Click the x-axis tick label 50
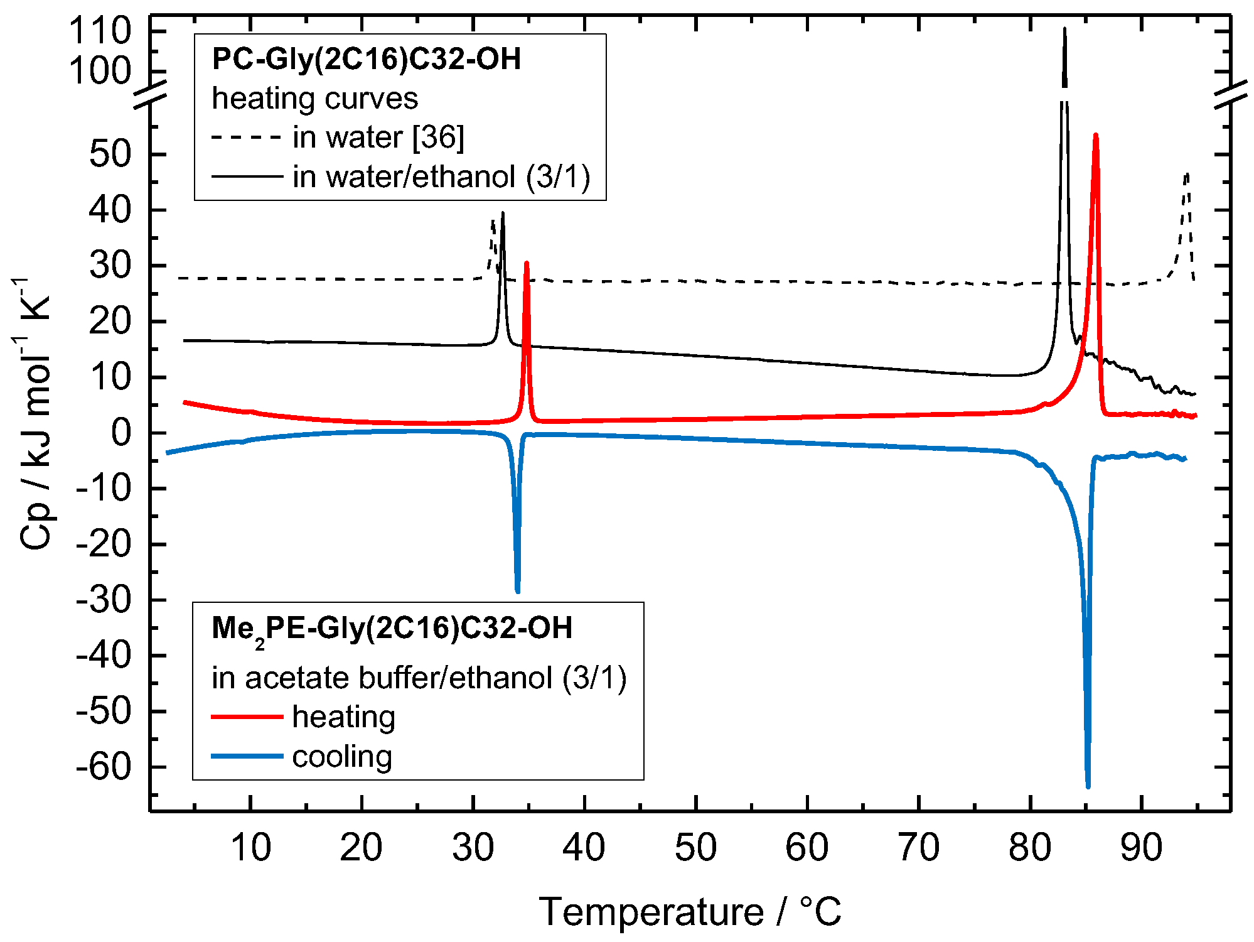695,847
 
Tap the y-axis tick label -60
104,767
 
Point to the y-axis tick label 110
100,31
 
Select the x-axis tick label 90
1141,847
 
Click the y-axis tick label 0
121,433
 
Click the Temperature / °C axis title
689,912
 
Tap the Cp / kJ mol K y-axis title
35,414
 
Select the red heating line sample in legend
247,717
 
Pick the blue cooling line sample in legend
247,756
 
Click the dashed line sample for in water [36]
247,137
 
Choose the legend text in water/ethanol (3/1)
441,176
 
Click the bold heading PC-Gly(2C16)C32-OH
367,59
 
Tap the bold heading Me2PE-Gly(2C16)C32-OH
392,628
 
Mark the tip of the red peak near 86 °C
1095,135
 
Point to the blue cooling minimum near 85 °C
1088,786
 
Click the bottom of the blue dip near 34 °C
517,591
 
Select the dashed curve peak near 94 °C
1186,174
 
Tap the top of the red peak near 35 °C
527,263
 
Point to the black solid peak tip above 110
1064,29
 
